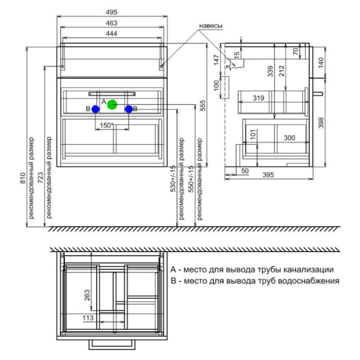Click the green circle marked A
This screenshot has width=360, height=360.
[112, 104]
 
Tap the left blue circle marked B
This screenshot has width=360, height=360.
[95, 109]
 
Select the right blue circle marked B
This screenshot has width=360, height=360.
[128, 109]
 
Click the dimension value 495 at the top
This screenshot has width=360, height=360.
[113, 13]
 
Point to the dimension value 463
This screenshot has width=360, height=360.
[113, 23]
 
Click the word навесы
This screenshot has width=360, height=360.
[211, 26]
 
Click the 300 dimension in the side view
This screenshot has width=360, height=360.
[290, 138]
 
